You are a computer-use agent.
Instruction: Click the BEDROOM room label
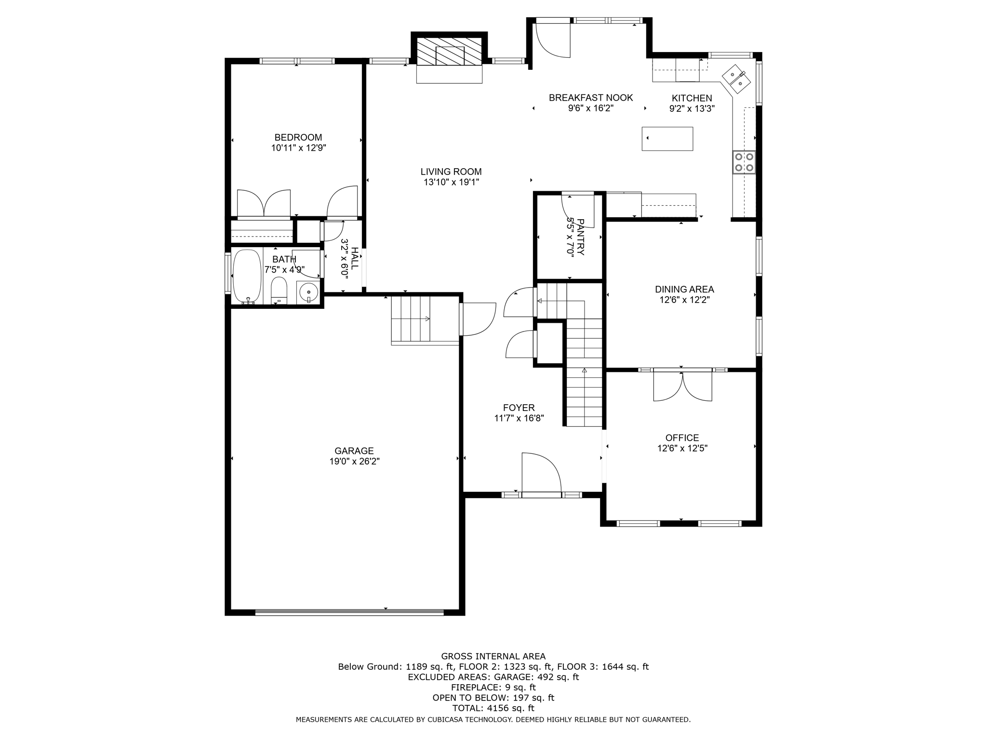(x=298, y=137)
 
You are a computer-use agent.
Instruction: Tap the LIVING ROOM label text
(x=451, y=172)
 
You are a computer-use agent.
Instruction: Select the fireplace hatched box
(x=449, y=52)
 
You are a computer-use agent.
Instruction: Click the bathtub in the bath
(x=247, y=276)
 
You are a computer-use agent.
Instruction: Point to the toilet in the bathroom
(x=279, y=291)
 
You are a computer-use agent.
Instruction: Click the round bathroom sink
(x=308, y=292)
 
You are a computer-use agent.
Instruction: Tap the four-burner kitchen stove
(x=744, y=162)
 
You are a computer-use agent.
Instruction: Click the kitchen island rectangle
(x=667, y=139)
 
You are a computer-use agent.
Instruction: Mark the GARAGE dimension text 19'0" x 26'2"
(x=354, y=462)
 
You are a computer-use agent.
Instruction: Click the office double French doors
(x=682, y=385)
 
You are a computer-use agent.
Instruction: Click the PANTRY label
(x=580, y=237)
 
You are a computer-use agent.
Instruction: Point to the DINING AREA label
(x=684, y=289)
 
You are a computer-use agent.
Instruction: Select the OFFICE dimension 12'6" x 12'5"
(x=682, y=448)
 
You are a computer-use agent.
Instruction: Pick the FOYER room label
(x=519, y=408)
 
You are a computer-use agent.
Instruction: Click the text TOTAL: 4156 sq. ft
(x=493, y=708)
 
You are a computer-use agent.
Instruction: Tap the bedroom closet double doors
(x=264, y=204)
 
